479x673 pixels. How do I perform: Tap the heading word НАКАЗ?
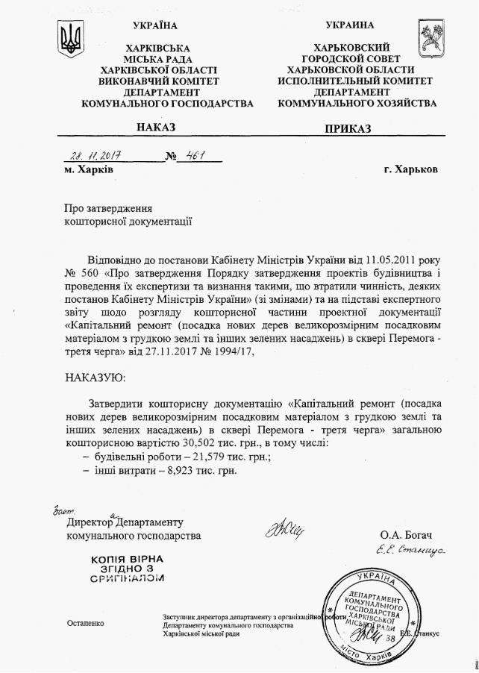point(156,128)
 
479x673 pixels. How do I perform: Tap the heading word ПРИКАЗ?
point(348,129)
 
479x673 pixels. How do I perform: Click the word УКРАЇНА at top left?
point(154,26)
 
